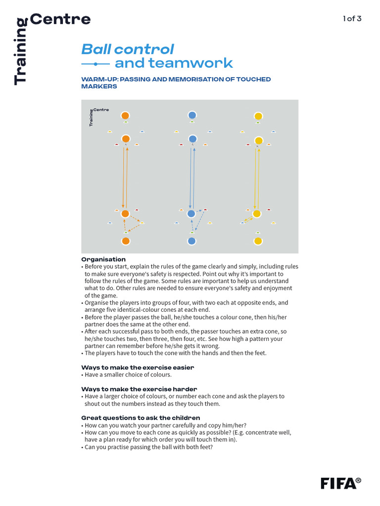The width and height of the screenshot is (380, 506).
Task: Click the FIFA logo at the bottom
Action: [x=340, y=483]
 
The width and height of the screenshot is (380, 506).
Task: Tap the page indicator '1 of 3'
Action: [x=352, y=19]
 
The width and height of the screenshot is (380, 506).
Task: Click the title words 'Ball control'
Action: [x=127, y=49]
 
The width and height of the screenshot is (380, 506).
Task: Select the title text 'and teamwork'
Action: [x=173, y=63]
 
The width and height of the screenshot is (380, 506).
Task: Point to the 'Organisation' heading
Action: [x=103, y=259]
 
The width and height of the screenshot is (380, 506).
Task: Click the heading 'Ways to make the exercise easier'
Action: [x=138, y=368]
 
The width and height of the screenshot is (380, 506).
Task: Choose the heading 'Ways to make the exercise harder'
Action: [x=139, y=389]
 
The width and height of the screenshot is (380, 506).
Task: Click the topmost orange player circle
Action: [x=126, y=115]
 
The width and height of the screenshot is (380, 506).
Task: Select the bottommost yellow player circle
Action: [x=258, y=241]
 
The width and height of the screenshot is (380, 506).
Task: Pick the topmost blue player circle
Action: [x=192, y=115]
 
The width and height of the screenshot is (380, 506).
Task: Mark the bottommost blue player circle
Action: [x=192, y=241]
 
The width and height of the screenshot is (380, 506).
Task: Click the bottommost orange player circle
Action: [x=126, y=241]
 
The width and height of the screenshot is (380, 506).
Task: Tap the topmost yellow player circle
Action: [x=258, y=116]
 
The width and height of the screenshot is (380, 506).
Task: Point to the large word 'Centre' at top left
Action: [x=60, y=19]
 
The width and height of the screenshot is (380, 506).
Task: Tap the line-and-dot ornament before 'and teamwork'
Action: [x=95, y=64]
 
